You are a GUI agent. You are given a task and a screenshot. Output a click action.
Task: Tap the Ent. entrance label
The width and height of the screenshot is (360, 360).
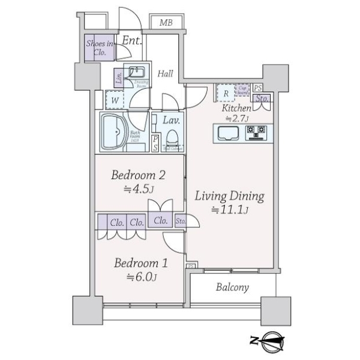point(131,41)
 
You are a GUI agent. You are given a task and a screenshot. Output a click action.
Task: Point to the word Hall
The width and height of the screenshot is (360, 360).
point(165,74)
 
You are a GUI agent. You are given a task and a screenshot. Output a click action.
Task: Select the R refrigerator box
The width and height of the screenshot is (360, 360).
point(225,94)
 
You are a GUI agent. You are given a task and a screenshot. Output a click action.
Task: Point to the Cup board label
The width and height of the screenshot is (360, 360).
point(243,90)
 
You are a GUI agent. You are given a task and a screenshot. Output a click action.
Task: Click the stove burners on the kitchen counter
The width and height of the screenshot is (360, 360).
point(257,131)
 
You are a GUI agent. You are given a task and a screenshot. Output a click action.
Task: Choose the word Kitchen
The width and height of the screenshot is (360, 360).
point(236,109)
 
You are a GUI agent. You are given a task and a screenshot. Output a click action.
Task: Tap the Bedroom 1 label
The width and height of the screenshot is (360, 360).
point(141,263)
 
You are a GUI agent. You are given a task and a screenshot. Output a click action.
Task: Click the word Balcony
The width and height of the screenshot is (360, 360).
point(232,287)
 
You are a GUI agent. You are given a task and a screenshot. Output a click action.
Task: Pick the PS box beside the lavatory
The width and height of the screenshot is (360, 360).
point(155,142)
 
